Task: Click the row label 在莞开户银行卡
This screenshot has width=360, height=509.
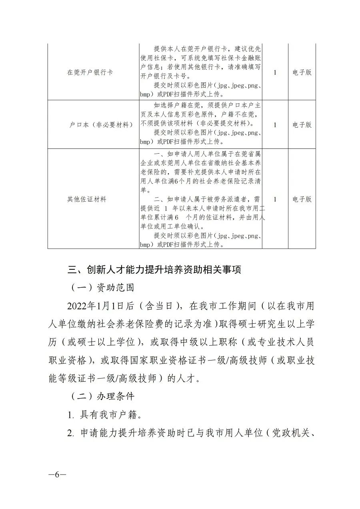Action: pyautogui.click(x=90, y=73)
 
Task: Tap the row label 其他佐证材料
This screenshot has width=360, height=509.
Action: pyautogui.click(x=87, y=199)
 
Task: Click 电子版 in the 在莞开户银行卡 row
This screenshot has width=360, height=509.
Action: pyautogui.click(x=302, y=73)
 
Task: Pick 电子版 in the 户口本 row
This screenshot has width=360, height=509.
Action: pyautogui.click(x=302, y=125)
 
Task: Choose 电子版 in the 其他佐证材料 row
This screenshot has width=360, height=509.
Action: pyautogui.click(x=302, y=199)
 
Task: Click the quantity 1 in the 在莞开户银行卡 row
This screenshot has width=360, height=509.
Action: pyautogui.click(x=275, y=73)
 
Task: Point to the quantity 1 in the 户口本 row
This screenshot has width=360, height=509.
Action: pyautogui.click(x=275, y=125)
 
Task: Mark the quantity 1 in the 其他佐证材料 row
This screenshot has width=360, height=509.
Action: pyautogui.click(x=275, y=199)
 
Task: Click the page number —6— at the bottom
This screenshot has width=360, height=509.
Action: pyautogui.click(x=57, y=475)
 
